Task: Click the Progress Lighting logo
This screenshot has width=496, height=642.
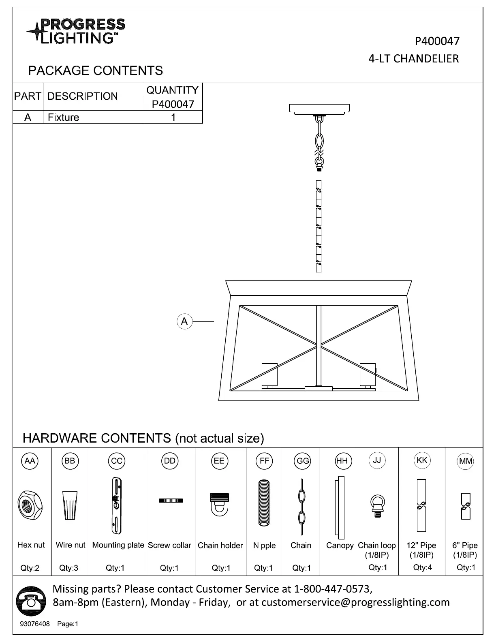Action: click(76, 31)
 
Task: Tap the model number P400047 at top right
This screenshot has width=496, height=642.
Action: click(437, 41)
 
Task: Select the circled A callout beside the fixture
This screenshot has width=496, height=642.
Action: click(184, 321)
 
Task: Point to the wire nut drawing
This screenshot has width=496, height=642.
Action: click(70, 505)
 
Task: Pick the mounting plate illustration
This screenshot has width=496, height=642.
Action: click(117, 505)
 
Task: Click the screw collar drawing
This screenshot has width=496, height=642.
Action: click(171, 501)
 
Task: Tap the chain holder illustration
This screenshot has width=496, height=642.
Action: click(219, 504)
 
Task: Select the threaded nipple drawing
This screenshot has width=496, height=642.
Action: click(264, 503)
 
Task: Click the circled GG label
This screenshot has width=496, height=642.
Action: click(303, 461)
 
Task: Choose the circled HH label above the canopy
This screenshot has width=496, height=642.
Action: click(342, 461)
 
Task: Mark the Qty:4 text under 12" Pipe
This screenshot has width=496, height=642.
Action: click(422, 568)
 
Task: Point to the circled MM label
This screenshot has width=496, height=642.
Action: click(465, 461)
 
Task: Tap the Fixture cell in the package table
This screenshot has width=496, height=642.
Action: click(64, 118)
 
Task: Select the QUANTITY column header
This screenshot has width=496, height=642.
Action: click(173, 90)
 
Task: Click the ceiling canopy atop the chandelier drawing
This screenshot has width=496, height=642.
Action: click(319, 109)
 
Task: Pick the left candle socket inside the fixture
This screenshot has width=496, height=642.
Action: click(269, 374)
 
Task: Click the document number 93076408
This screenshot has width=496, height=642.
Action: click(35, 624)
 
